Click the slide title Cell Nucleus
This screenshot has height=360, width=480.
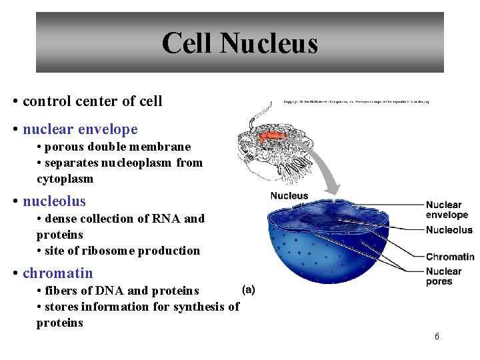coord(239,43)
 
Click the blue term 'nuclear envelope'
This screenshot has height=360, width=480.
coord(80,129)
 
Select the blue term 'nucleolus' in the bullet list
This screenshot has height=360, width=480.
coord(54,201)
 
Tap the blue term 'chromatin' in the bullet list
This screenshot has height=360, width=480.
coord(58,273)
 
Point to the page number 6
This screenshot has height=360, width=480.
coord(437,336)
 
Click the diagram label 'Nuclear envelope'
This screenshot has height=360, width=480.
coord(447,210)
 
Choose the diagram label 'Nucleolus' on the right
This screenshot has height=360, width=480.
coord(449,230)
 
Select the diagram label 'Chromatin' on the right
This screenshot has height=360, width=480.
coord(450,257)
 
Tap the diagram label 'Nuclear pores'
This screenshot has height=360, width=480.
coord(443,276)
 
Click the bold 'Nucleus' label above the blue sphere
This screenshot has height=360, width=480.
coord(289,195)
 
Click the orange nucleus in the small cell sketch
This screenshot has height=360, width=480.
coord(272,137)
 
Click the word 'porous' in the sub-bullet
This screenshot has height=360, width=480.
coord(67,147)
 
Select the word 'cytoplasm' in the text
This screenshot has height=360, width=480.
coord(65,179)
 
